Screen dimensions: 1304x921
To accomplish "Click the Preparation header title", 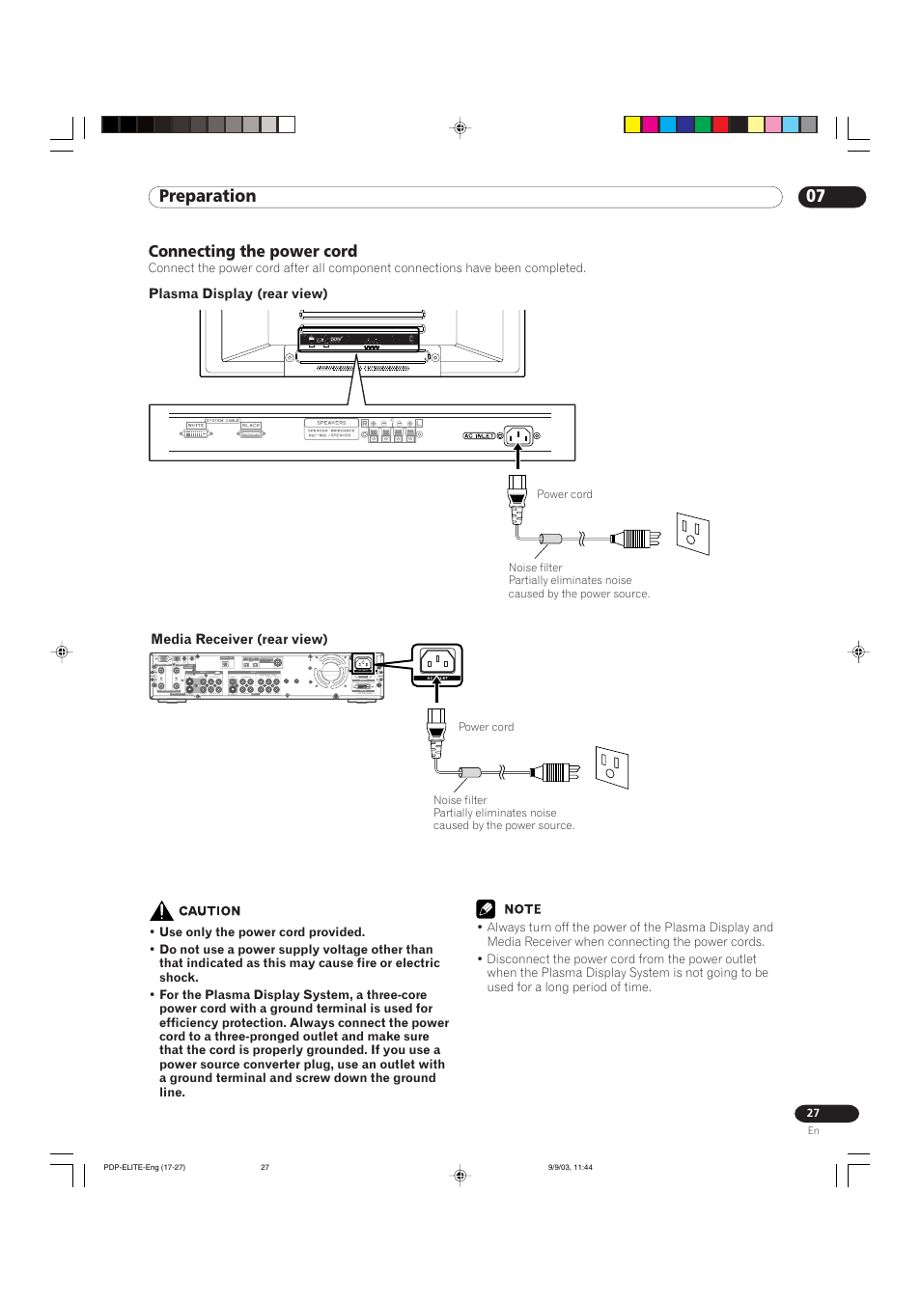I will point(208,197).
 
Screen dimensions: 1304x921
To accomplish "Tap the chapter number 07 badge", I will point(817,197).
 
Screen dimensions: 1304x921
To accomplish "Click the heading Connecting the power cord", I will point(253,251).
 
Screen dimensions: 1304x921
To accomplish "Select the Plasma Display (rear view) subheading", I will point(237,293).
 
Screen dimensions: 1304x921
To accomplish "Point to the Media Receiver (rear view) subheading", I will point(238,639).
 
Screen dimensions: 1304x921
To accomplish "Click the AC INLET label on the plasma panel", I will point(479,436).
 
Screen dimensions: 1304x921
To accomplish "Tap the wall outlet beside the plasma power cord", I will point(692,533).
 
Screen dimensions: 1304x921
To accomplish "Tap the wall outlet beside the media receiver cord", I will point(611,767).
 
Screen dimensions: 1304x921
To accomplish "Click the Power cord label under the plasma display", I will point(565,494).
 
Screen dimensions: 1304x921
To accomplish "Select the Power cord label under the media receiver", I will point(486,727).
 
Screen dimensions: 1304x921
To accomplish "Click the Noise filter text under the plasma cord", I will point(535,568).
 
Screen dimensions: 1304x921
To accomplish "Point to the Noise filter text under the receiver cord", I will point(460,800).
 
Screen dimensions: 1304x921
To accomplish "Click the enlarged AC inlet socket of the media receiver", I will point(437,661).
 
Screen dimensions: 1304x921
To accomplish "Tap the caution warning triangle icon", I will point(161,910).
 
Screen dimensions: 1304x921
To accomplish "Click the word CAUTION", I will point(209,911).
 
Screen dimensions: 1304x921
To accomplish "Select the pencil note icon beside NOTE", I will point(486,909).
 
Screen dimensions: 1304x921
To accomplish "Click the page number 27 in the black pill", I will point(813,1113).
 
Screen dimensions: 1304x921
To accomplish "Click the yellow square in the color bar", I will point(632,125).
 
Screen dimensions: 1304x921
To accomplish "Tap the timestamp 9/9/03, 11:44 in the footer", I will point(570,1167).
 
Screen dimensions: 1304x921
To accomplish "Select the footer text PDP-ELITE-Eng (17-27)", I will point(144,1167).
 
